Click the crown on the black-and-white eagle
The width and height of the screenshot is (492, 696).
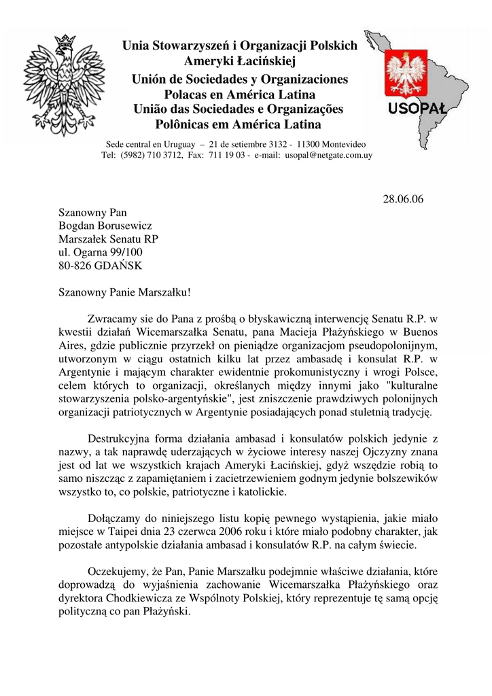[65, 43]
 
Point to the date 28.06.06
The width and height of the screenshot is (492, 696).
[403, 199]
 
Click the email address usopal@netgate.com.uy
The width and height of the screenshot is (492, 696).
[328, 156]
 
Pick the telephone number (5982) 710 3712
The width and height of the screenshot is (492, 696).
[150, 156]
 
